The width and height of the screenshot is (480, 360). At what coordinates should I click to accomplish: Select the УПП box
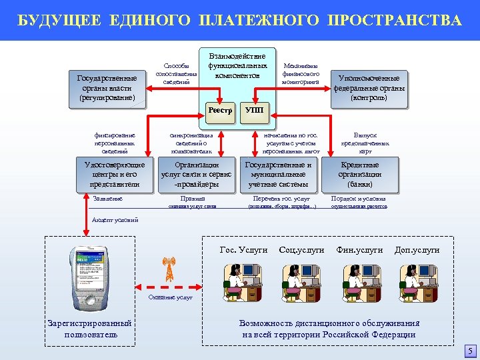254,110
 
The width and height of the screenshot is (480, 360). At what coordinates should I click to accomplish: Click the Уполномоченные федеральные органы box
371,87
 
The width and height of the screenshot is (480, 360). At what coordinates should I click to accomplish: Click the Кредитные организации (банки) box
359,175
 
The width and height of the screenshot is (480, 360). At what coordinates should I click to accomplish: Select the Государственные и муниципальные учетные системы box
279,175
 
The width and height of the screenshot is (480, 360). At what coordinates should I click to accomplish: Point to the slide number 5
469,351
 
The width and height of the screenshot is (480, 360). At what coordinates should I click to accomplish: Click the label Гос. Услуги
243,250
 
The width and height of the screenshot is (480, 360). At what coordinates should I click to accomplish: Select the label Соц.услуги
302,250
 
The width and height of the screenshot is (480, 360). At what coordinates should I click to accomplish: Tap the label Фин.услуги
359,250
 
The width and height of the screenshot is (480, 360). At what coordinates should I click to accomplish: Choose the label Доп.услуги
417,250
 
